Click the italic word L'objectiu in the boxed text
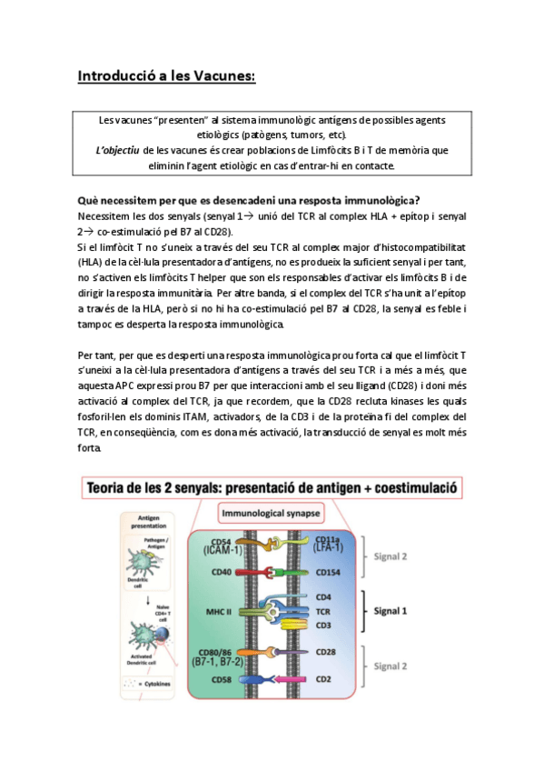point(124,150)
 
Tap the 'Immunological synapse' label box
point(272,514)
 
